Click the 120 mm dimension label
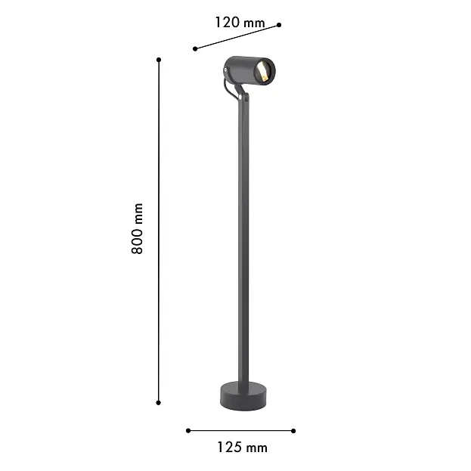click(240, 23)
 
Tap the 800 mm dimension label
click(137, 228)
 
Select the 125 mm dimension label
click(242, 448)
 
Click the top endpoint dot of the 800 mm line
click(159, 60)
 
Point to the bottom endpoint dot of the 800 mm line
click(159, 402)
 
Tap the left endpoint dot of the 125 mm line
click(188, 431)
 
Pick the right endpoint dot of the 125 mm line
click(293, 431)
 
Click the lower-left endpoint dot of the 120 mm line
click(195, 48)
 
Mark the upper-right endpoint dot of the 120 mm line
click(279, 25)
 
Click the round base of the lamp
click(243, 396)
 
